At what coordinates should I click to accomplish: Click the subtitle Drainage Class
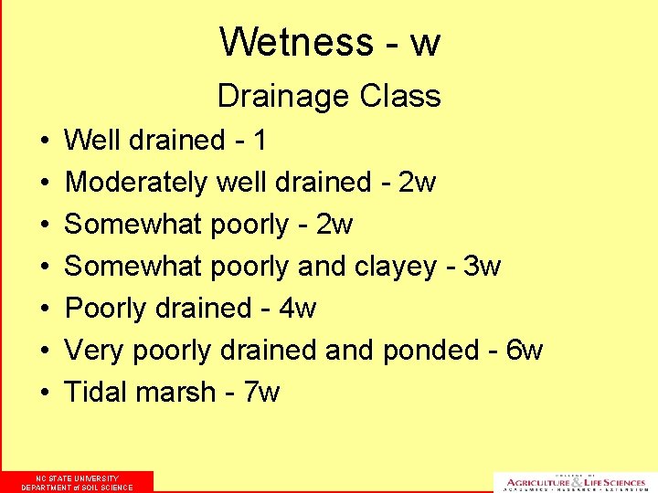point(329,95)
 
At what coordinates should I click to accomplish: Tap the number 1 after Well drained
point(260,141)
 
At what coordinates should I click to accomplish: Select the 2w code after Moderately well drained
point(419,183)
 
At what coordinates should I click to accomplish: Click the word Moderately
point(136,183)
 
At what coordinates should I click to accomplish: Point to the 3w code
point(483,267)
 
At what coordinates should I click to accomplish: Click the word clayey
point(392,267)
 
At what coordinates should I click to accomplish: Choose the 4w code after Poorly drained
point(298,309)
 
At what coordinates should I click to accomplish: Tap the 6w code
point(525,351)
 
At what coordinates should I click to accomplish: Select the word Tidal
point(96,393)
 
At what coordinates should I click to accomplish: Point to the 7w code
point(262,393)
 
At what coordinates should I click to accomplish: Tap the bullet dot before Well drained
point(44,142)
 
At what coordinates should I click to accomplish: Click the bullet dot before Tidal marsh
point(44,393)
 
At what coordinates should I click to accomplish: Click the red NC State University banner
point(77,482)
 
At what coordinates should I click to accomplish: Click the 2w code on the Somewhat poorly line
point(335,225)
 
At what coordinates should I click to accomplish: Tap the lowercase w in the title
point(425,42)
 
